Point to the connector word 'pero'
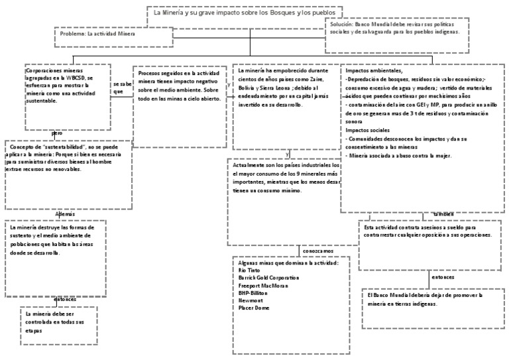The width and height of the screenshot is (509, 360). click(57, 133)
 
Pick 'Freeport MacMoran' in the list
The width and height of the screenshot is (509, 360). click(262, 286)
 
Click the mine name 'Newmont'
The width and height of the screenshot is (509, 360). click(251, 300)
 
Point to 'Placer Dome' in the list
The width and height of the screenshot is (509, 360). click(254, 308)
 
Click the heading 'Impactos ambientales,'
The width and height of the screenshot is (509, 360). click(372, 70)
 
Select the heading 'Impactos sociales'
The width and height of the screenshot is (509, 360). click(368, 131)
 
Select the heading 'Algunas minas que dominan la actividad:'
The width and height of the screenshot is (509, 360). click(288, 263)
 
